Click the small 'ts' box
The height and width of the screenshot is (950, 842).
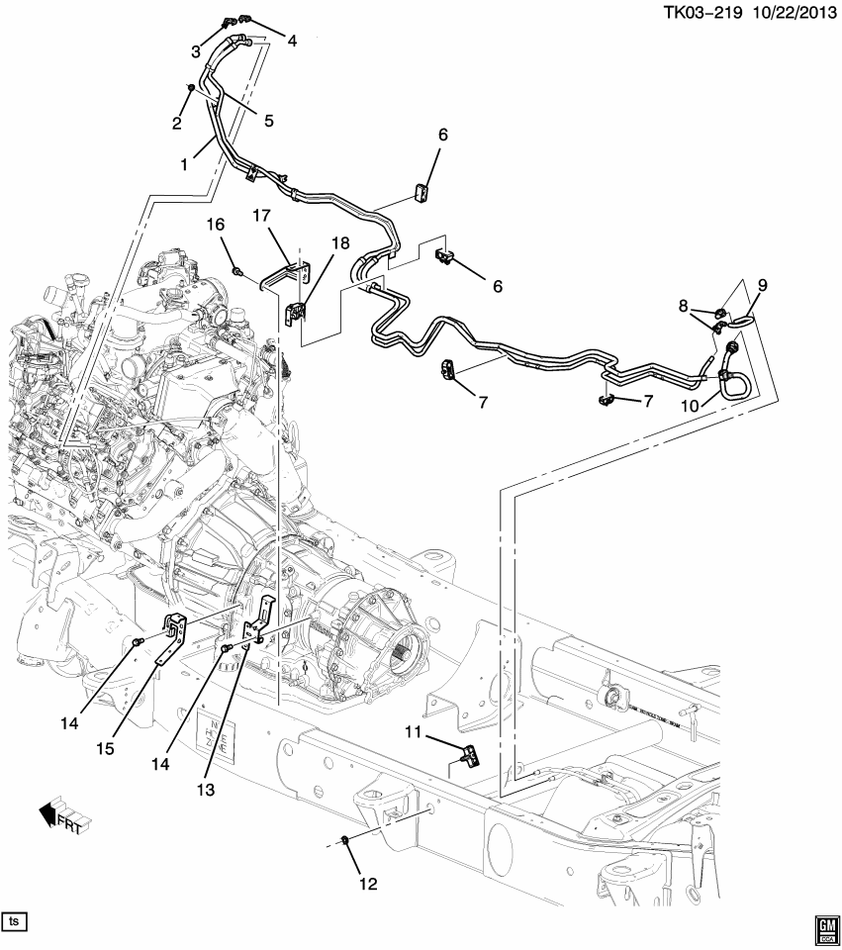pyautogui.click(x=14, y=921)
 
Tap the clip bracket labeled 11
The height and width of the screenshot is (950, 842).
pyautogui.click(x=470, y=757)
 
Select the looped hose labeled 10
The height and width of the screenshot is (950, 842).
pyautogui.click(x=733, y=374)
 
